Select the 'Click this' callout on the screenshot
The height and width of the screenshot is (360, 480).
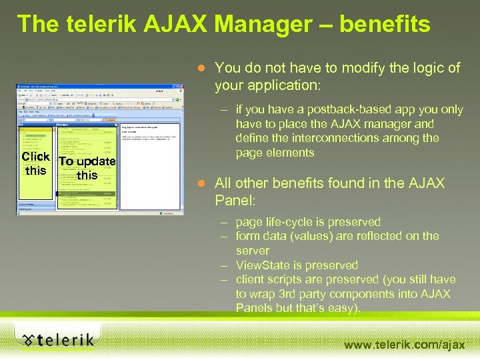[x=35, y=163]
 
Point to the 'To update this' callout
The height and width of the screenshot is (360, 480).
[x=87, y=168]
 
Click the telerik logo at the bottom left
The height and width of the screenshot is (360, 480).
[x=57, y=340]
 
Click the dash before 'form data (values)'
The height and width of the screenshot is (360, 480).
[x=222, y=236]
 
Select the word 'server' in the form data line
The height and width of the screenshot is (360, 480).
[x=252, y=251]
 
